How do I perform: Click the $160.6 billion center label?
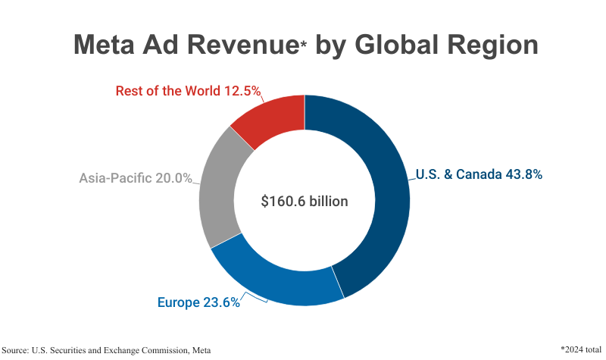click(304, 202)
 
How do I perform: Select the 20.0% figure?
click(172, 179)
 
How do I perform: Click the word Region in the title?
click(492, 45)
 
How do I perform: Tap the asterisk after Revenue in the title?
click(303, 44)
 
